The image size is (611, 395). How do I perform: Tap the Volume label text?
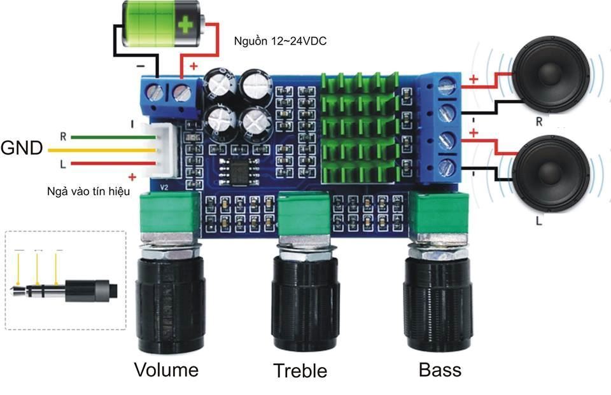(x=166, y=370)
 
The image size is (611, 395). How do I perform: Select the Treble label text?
(x=300, y=371)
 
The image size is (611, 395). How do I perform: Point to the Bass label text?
(x=440, y=370)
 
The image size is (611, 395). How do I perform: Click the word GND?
(x=22, y=149)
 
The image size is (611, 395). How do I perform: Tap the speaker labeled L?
(x=549, y=173)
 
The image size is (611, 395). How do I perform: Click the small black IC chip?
(x=233, y=169)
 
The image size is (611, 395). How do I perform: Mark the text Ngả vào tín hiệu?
(x=88, y=191)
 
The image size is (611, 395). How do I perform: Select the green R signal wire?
(x=108, y=136)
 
